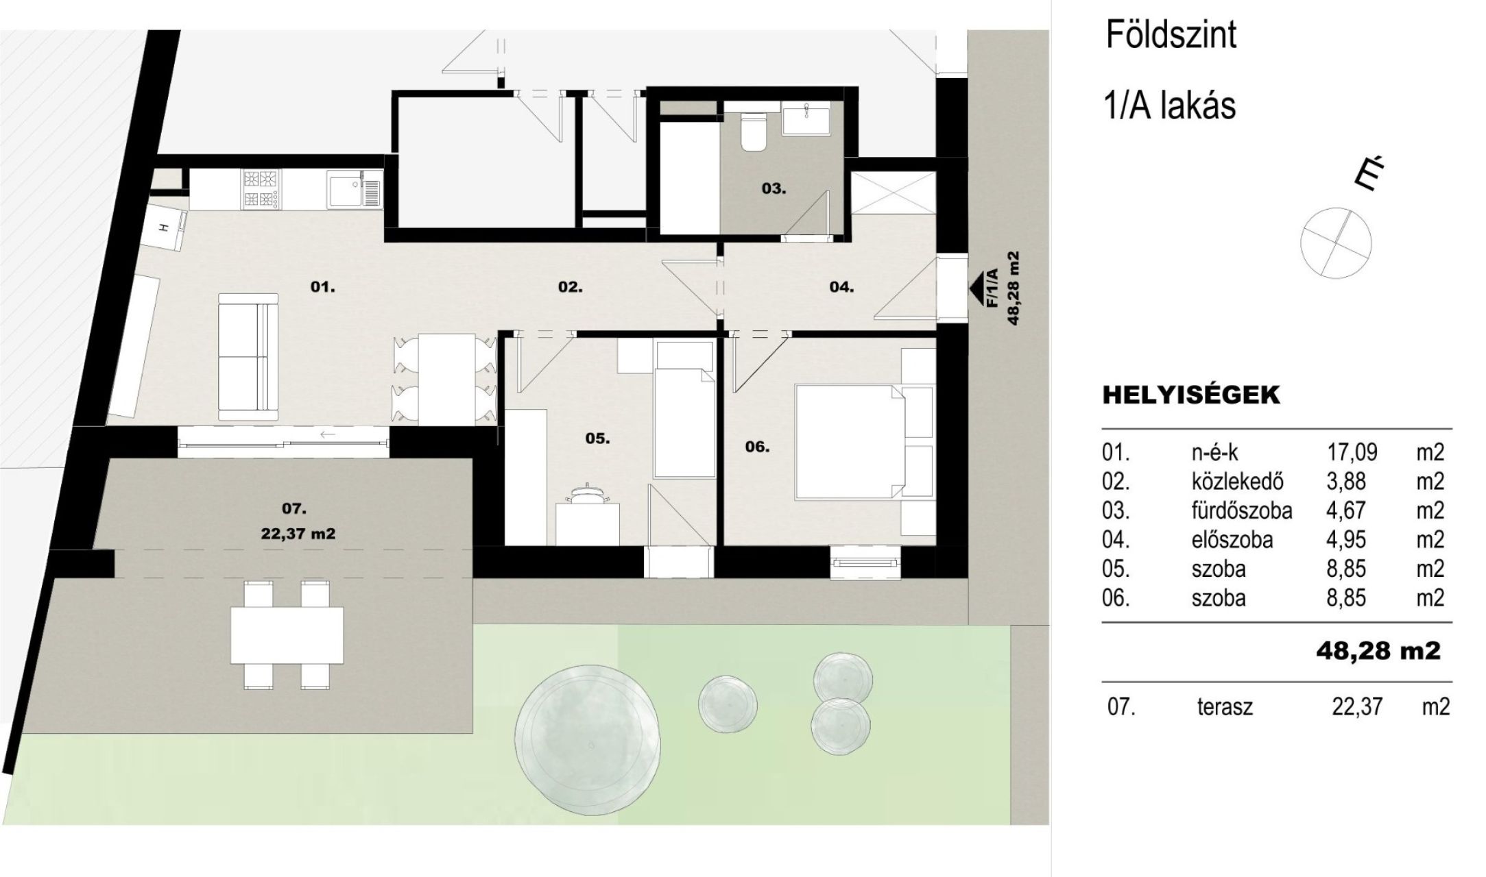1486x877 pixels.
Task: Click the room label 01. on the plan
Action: click(322, 287)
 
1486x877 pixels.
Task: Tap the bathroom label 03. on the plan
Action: click(774, 188)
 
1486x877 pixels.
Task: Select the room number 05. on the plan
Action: click(597, 438)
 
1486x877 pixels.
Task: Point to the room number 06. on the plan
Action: click(757, 447)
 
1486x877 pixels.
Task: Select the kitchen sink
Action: click(353, 189)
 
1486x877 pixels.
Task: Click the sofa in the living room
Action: click(248, 356)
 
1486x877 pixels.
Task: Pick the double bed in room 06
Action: click(864, 441)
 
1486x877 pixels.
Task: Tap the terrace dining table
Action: click(287, 634)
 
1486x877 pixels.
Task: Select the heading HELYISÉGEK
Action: click(1191, 395)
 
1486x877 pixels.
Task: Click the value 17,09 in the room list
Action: click(1352, 452)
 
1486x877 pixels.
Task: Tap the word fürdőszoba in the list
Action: click(1242, 510)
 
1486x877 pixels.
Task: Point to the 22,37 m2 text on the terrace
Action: click(298, 534)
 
